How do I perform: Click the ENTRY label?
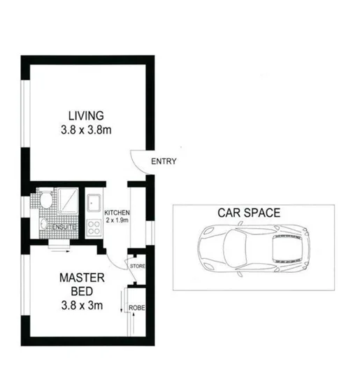coord(164,162)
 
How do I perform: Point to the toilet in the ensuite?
coord(44,201)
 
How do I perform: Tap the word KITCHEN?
coord(117,213)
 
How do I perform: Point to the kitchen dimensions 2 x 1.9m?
coord(117,220)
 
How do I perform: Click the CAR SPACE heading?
coord(249,213)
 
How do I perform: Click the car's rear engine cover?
coord(286,250)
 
